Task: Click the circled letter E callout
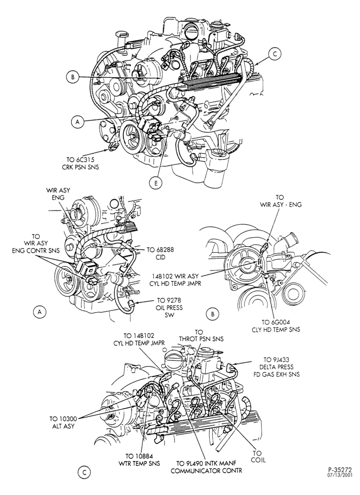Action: [156, 183]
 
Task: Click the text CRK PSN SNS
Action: [80, 167]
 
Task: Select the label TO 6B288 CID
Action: [160, 253]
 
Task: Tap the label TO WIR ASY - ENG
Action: [280, 200]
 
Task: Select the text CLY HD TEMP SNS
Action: [276, 330]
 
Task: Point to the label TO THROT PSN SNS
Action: [201, 336]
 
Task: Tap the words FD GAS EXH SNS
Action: [276, 374]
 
